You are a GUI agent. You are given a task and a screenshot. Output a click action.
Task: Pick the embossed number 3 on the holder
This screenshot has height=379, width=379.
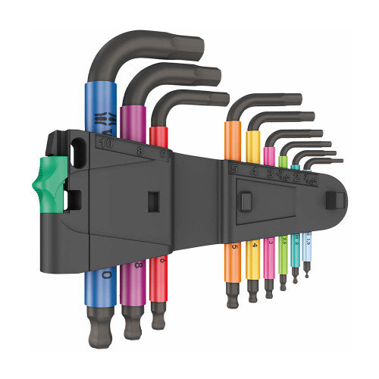(269, 174)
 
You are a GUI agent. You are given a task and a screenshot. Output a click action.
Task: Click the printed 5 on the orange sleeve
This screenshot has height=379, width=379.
(234, 246)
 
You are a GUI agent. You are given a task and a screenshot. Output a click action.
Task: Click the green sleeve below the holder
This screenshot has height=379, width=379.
(283, 250)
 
